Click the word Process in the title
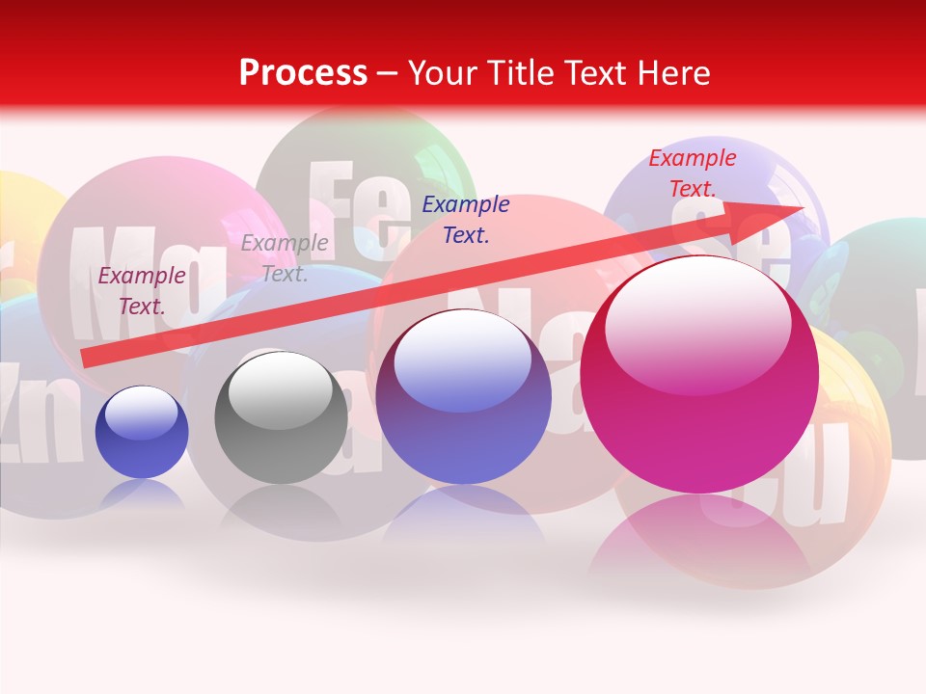303,72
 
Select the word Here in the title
671,72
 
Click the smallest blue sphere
142,432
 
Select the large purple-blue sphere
463,397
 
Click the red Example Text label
692,173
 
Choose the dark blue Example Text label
465,219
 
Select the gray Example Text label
284,258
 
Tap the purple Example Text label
141,291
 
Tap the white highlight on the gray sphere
281,386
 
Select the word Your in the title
441,72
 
